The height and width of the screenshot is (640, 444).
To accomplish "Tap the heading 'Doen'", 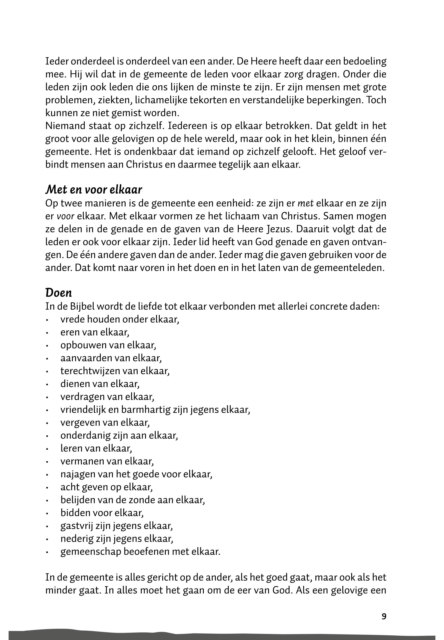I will [x=58, y=293].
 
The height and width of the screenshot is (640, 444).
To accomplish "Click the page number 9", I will [x=384, y=616].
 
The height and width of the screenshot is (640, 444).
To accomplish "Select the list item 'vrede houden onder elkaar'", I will [x=120, y=319].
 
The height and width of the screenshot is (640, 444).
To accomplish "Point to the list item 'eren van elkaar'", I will [x=95, y=332].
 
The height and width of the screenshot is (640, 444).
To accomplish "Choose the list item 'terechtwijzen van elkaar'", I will [x=115, y=371].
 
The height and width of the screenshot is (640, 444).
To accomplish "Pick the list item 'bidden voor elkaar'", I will [x=102, y=513].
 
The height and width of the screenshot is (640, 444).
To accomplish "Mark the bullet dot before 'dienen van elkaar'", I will [x=48, y=385].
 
